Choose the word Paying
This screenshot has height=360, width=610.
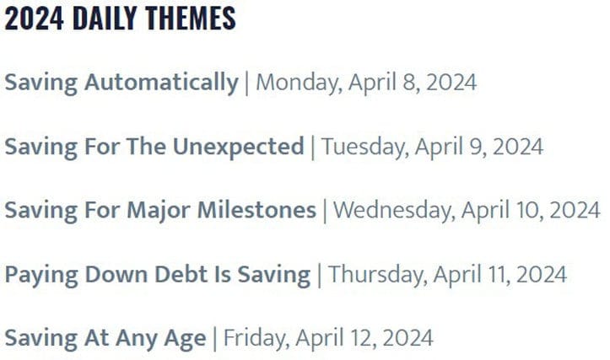[36, 275]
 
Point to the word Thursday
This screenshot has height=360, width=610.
[366, 274]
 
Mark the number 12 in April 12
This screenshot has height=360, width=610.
[348, 338]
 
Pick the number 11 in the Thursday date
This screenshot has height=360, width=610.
[481, 274]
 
